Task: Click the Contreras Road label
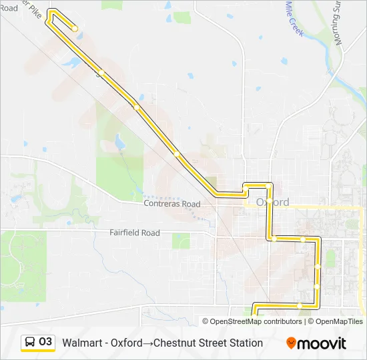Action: tap(172, 204)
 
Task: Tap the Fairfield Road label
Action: tap(135, 233)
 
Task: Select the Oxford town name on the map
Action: tap(273, 202)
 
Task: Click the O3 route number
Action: tap(45, 342)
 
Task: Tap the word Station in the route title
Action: tap(244, 343)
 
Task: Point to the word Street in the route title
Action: tap(211, 343)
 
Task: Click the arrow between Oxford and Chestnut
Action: tap(147, 343)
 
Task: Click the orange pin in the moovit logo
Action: tap(291, 343)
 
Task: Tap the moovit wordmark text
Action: tap(322, 343)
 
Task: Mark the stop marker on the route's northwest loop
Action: tap(75, 28)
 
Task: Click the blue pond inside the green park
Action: tap(119, 143)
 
